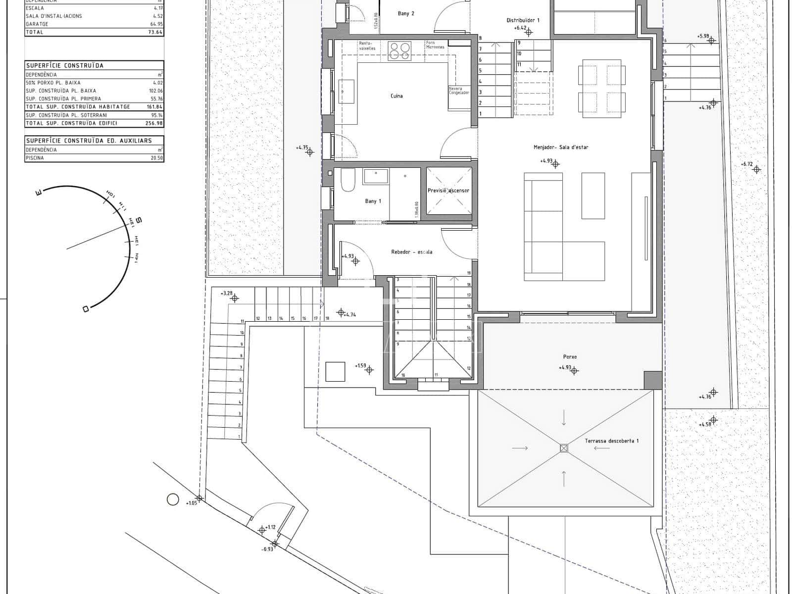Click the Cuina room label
coord(396,96)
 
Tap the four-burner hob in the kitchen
coord(399,51)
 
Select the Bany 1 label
coord(373,201)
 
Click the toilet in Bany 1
coord(348,181)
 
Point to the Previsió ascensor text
coord(448,191)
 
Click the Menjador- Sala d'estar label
coord(561,147)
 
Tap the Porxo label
coord(570,356)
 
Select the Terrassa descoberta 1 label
coord(612,441)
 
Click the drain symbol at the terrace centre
coord(563,448)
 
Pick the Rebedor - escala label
coord(411,252)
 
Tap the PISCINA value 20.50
coord(156,158)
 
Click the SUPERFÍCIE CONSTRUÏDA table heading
coord(65,65)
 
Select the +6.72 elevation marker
coord(746,164)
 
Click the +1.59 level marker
coord(360,366)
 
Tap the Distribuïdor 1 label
coord(523,20)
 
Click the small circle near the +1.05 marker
coord(172,499)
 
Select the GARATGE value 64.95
coord(156,24)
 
